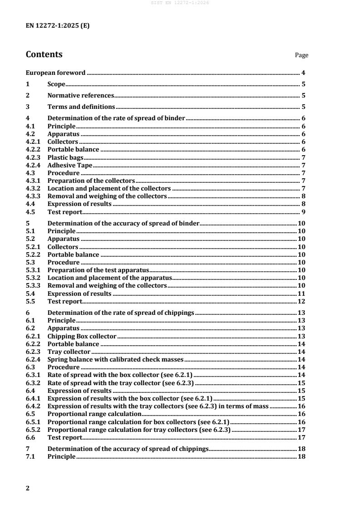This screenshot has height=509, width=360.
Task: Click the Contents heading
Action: tap(44, 54)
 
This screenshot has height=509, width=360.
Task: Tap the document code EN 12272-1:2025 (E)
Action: tap(58, 26)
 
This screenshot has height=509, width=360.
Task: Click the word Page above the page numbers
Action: tap(301, 55)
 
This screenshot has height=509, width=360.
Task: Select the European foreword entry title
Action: tap(56, 73)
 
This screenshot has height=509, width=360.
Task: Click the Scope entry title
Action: tap(57, 84)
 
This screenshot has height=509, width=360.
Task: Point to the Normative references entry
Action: tap(80, 95)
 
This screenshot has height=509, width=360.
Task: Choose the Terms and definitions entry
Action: tap(81, 107)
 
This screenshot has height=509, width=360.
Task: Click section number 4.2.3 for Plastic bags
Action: tap(34, 157)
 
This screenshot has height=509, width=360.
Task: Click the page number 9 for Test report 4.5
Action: tap(303, 212)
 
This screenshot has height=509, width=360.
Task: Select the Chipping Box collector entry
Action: tap(82, 336)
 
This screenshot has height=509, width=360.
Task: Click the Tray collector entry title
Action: tap(69, 352)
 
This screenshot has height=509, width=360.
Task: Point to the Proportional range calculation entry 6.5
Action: tap(94, 414)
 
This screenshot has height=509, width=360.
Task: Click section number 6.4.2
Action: tap(34, 406)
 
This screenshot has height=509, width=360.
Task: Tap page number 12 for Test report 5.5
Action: tap(301, 301)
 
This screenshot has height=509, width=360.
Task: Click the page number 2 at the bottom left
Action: tap(28, 488)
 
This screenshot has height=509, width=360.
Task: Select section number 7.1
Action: tap(30, 456)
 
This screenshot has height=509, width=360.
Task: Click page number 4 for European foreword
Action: tap(303, 73)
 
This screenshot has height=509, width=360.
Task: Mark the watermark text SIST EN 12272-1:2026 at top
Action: tap(180, 3)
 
